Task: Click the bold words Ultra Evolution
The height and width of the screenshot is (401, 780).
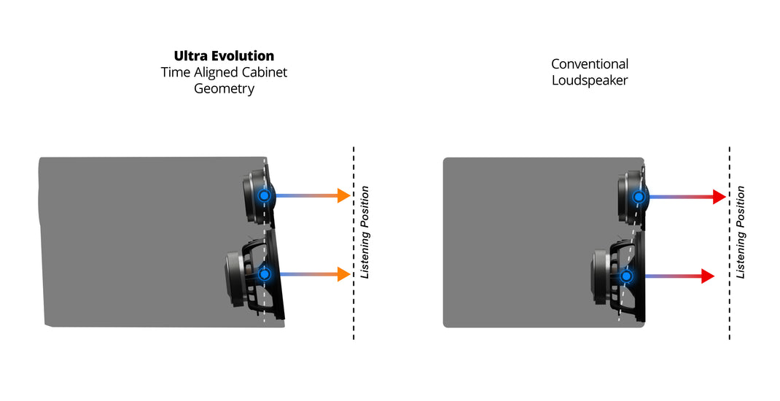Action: coord(224,56)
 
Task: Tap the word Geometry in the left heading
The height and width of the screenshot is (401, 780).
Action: coord(224,89)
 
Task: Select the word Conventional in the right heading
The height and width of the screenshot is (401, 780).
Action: coord(589,64)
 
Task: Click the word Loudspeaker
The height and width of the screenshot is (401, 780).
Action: coord(589,80)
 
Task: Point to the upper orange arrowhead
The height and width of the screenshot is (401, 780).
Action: coord(343,195)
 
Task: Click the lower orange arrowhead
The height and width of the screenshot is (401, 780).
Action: coord(343,274)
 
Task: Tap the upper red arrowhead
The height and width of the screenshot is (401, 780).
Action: coord(718,196)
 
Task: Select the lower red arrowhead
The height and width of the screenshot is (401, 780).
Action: coord(706,276)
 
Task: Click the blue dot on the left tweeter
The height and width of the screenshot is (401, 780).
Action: coord(264,195)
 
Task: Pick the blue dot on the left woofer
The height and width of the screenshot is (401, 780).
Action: coord(264,274)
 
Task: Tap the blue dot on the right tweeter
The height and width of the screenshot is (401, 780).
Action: coord(639,196)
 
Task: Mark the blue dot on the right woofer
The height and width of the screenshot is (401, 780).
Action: coord(625,276)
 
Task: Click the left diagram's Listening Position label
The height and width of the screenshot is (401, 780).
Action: coord(365,232)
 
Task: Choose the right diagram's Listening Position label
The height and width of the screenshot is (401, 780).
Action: coord(741,232)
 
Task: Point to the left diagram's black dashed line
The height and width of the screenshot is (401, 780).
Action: coord(354,306)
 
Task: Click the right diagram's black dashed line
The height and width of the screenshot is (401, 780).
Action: coord(729,306)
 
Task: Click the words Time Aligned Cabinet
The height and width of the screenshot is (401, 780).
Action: coord(224,73)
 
